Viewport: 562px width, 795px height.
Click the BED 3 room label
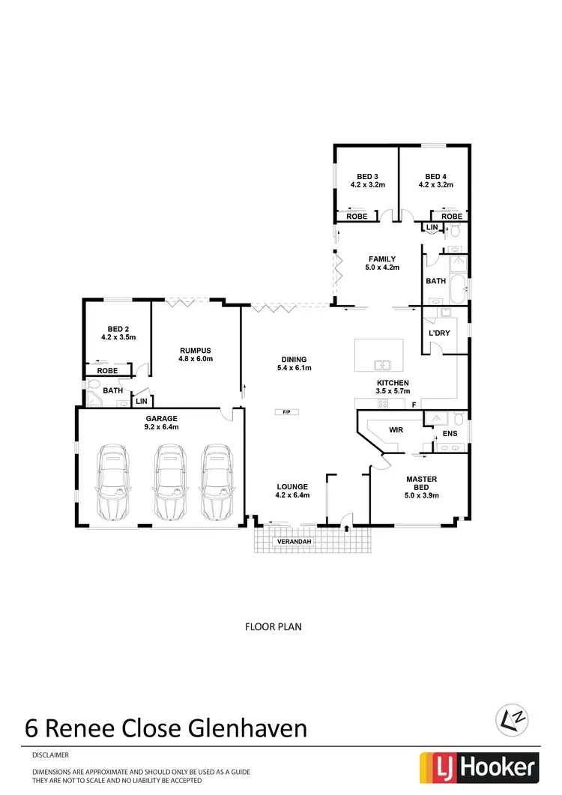(x=367, y=177)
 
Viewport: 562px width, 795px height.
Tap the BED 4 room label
(x=435, y=177)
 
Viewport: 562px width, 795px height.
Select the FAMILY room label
(x=381, y=259)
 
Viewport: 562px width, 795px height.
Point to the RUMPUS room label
(x=196, y=350)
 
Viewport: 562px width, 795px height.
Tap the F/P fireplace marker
(x=285, y=411)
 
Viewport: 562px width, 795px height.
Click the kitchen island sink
(x=384, y=366)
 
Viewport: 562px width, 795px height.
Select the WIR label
(x=396, y=430)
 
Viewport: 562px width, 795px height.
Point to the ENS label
(x=450, y=433)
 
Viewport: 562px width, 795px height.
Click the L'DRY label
(x=438, y=332)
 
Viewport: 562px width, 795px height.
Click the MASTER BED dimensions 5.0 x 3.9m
(x=421, y=495)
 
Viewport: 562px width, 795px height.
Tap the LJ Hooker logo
(x=479, y=767)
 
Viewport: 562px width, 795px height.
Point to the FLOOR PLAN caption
(x=274, y=626)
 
